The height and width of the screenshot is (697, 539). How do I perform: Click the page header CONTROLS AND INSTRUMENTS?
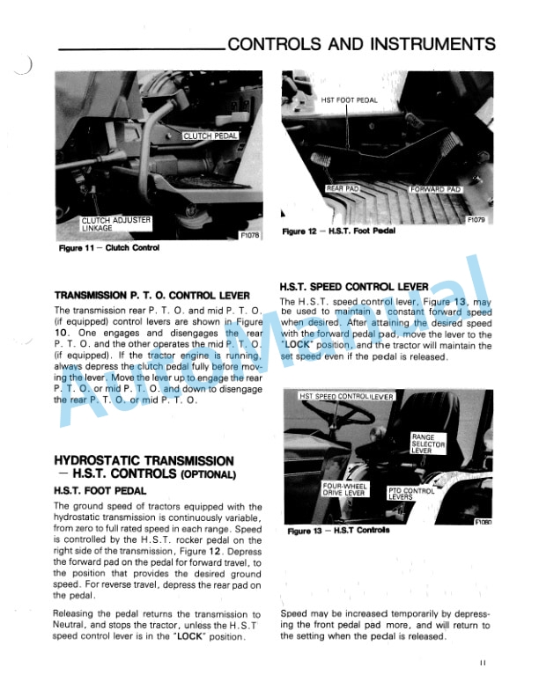361,44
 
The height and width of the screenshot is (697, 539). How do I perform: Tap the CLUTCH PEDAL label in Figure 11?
210,136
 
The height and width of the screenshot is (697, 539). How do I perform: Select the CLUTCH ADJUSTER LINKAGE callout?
116,224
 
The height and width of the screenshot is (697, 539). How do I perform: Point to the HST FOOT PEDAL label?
349,100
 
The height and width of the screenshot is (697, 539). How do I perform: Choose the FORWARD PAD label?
436,188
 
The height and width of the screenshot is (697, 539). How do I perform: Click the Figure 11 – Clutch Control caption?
108,248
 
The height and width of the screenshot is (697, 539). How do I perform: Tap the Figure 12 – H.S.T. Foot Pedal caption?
339,231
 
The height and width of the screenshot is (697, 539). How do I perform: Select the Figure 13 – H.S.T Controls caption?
338,531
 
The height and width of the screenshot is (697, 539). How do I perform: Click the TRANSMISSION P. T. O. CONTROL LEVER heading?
151,296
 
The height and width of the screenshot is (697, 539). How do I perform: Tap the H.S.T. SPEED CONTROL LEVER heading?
354,287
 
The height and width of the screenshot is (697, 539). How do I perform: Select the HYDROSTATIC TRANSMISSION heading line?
144,460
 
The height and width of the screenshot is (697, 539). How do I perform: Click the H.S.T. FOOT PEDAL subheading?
100,490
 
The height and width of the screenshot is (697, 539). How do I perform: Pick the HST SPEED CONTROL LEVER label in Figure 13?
347,397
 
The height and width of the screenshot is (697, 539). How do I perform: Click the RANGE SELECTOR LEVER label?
429,444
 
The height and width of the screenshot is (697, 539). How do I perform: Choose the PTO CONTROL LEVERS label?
412,494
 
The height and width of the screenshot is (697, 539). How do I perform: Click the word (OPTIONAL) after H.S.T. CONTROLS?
209,475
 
